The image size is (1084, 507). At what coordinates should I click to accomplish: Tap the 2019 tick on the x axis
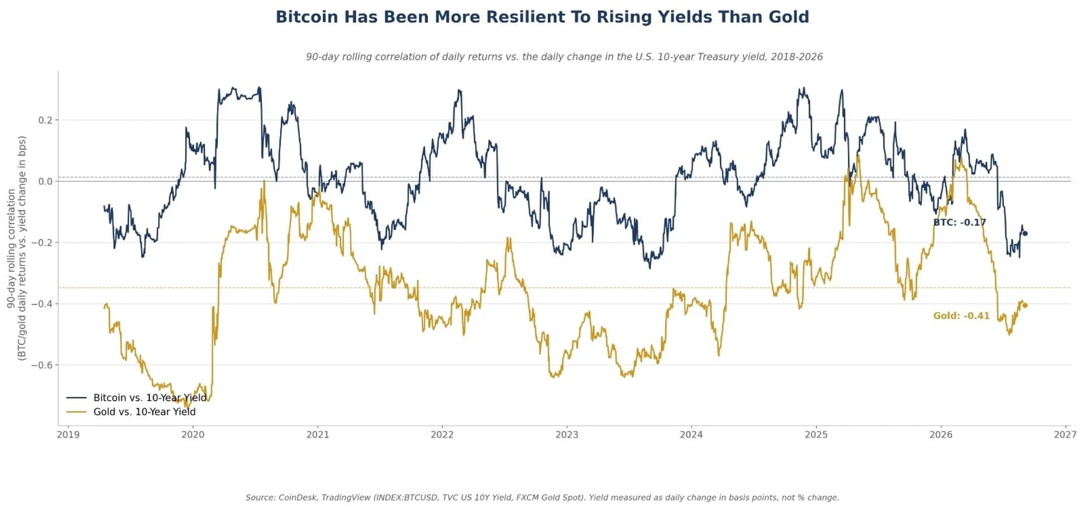point(68,435)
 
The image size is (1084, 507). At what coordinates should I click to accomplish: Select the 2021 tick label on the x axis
point(317,435)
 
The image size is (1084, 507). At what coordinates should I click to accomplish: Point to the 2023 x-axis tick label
point(567,435)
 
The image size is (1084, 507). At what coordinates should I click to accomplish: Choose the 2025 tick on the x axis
point(816,435)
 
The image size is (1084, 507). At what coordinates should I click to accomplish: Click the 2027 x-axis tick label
point(1065,435)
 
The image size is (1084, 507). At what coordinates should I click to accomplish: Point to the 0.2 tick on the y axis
point(46,120)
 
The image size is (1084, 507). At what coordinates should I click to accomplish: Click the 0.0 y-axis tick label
point(46,182)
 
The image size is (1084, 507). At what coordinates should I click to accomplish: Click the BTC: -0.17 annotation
point(960,223)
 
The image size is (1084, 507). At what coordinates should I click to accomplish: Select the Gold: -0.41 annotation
point(961,316)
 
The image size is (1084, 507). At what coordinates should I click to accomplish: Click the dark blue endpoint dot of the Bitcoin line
point(1025,233)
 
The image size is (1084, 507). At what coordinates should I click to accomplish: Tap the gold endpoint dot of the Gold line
point(1025,306)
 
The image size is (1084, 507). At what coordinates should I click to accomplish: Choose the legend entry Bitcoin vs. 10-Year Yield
point(137,398)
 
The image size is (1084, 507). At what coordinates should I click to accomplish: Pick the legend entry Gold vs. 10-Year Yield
point(131,412)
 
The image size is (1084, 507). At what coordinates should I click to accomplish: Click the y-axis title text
point(16,248)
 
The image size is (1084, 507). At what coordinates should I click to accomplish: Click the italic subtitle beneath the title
point(564,57)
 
